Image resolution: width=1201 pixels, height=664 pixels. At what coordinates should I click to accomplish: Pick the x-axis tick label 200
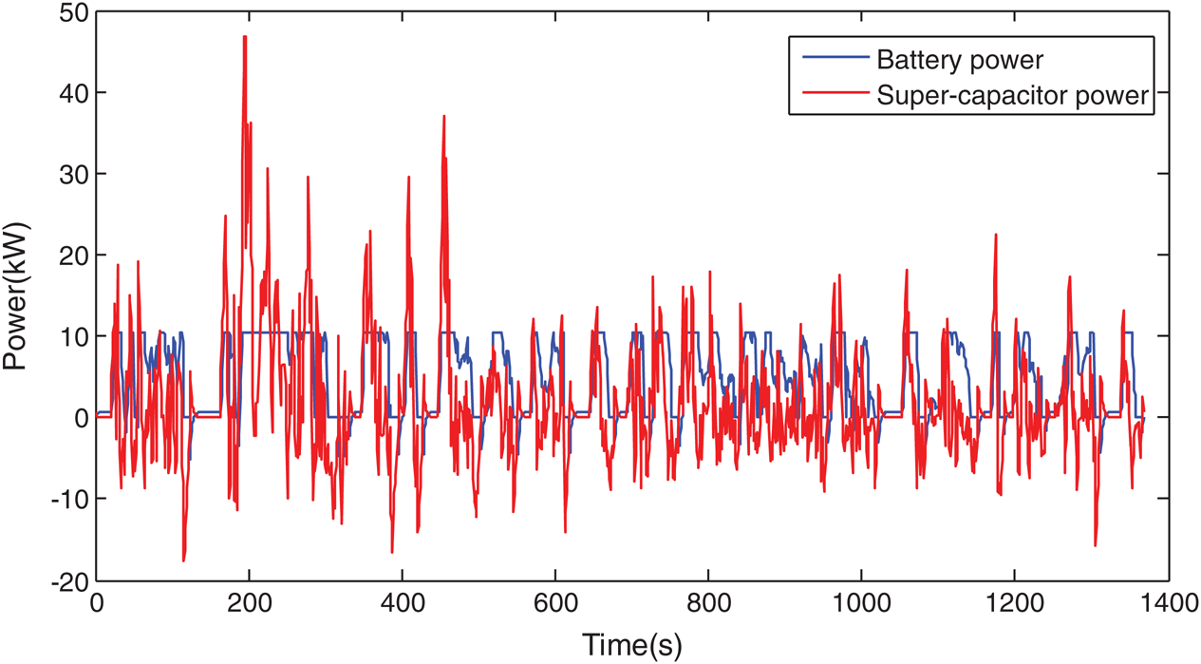pos(249,604)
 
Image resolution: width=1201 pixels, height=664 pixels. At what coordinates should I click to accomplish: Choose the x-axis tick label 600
pos(555,604)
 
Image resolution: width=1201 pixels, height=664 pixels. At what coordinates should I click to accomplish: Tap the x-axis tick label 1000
pos(861,604)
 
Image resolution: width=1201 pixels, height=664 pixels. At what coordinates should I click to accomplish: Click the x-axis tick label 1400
pos(1167,604)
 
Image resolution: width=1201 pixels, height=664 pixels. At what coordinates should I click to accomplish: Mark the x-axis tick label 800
pos(708,604)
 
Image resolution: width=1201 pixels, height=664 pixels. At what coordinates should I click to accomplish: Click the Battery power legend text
pos(960,61)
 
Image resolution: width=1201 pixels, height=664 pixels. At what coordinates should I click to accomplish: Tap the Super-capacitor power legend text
pos(1014,96)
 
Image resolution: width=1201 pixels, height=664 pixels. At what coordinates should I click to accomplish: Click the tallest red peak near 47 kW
pos(245,38)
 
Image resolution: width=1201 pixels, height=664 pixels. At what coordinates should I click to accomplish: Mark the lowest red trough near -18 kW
pos(183,560)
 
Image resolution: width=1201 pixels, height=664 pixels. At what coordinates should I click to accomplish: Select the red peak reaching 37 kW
pos(443,117)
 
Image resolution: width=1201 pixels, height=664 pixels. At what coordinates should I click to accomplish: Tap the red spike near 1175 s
pos(996,235)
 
